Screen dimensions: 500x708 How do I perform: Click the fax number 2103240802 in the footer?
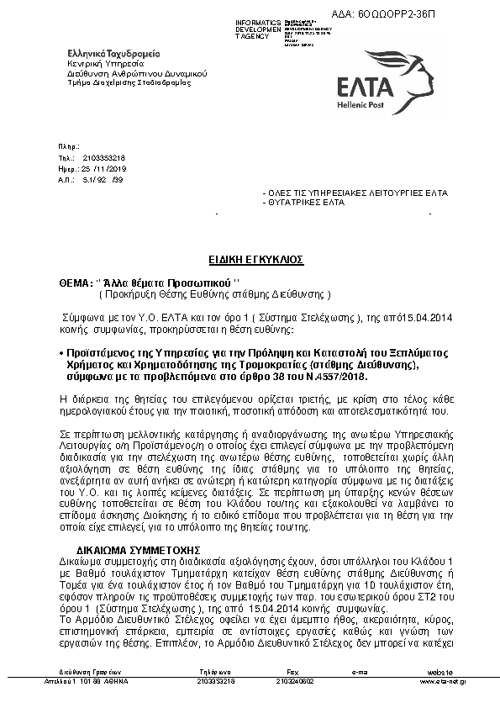[x=294, y=681]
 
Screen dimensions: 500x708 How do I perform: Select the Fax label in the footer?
[x=292, y=673]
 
